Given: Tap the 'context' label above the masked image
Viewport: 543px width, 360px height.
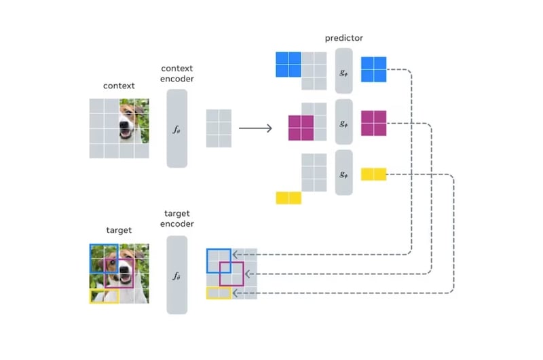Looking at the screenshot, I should [x=119, y=86].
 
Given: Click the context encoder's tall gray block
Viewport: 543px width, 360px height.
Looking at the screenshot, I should [x=176, y=128].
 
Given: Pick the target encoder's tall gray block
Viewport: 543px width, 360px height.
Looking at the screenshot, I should [x=176, y=274].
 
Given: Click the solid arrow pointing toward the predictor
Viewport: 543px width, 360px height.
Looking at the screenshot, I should [x=255, y=128].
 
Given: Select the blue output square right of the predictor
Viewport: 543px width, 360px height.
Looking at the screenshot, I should [x=373, y=69].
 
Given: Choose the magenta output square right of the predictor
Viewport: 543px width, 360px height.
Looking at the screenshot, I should [x=373, y=123].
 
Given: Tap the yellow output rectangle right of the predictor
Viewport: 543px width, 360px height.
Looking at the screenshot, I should [x=373, y=175].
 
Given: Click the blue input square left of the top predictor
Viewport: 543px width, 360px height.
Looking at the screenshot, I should [x=288, y=65].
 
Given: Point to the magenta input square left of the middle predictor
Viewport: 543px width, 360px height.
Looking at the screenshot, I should [x=301, y=127].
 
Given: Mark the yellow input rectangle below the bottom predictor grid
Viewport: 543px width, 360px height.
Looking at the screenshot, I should [x=288, y=198].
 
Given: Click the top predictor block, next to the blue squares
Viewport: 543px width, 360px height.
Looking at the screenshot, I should [x=343, y=71].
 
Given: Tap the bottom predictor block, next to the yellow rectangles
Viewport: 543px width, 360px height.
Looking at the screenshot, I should [x=343, y=173].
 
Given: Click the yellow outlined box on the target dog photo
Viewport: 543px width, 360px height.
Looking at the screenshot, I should [x=104, y=296].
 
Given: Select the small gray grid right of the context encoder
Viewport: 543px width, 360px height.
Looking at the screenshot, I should [x=219, y=128].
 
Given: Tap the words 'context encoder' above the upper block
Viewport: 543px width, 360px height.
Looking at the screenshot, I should [x=176, y=73].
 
